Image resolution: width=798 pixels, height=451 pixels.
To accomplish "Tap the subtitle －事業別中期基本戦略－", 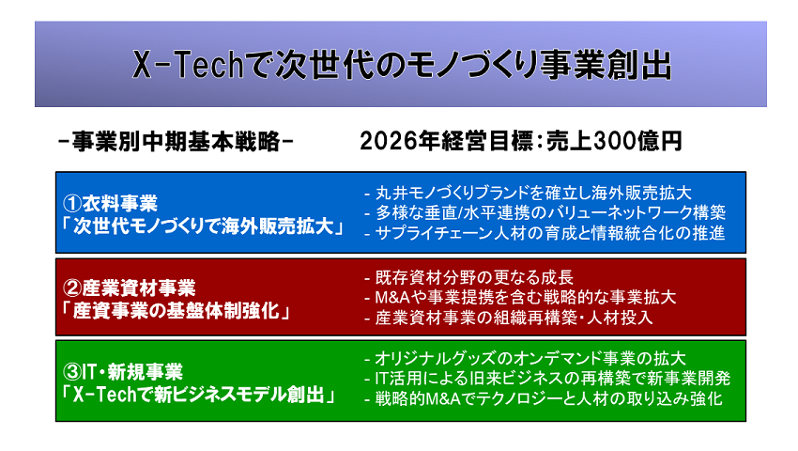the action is click(x=176, y=141).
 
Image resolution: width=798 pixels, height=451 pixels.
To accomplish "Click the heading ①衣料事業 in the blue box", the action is click(x=110, y=203).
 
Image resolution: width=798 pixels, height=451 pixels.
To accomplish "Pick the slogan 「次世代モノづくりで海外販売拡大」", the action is click(x=203, y=226).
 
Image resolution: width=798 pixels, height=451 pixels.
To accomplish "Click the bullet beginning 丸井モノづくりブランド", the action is click(x=529, y=194).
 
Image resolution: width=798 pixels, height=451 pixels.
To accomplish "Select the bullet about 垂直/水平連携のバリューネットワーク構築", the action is click(x=545, y=212).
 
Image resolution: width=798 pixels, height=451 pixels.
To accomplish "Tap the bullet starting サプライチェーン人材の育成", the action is click(x=545, y=233).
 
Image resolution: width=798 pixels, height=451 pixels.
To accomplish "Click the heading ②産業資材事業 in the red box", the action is click(x=129, y=288).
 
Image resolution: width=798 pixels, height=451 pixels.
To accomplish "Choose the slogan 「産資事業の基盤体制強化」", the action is click(x=176, y=310).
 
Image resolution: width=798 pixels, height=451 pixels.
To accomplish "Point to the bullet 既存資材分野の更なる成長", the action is click(x=469, y=278).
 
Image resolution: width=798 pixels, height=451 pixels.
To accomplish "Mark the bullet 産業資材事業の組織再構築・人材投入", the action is click(x=509, y=318).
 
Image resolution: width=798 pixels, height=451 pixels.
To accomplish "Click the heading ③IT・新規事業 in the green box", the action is click(x=122, y=372).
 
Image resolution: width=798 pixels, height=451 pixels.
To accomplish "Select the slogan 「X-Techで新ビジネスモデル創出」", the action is click(x=198, y=395).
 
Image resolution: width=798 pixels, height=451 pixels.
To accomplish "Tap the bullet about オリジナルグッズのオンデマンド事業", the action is click(x=525, y=359).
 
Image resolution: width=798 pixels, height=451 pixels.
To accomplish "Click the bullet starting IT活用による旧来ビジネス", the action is click(x=547, y=379).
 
